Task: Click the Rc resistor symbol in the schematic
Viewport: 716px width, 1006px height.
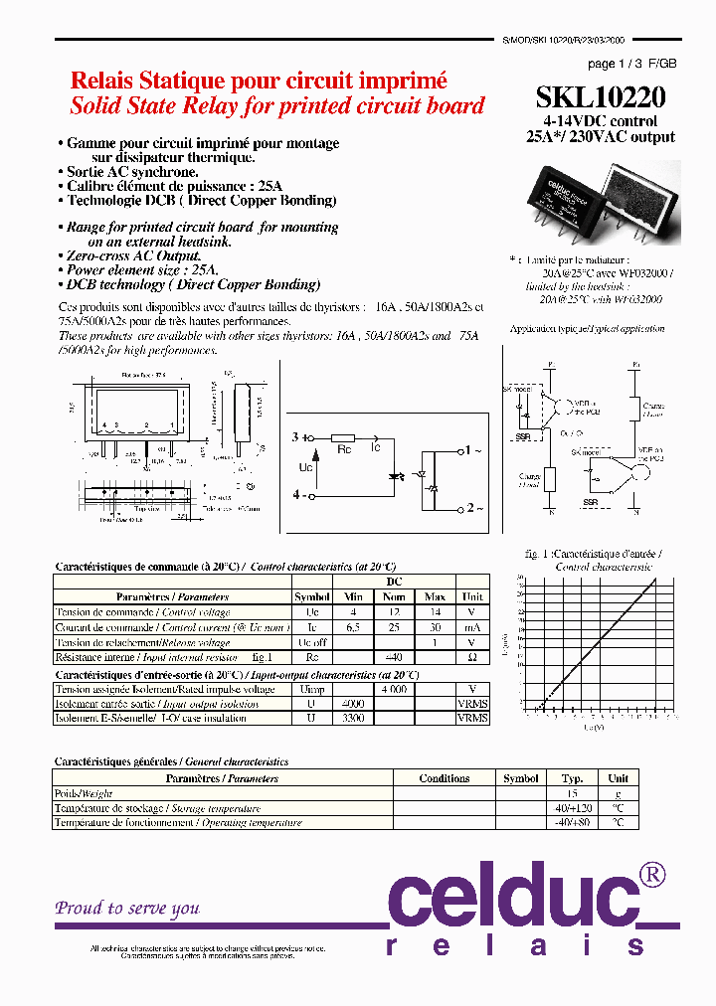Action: [x=343, y=437]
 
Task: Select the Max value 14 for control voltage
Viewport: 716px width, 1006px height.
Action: [x=434, y=612]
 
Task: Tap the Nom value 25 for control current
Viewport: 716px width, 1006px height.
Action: [x=394, y=627]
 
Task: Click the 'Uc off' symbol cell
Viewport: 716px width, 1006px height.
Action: [x=311, y=642]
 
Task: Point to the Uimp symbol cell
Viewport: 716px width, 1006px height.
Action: [x=311, y=689]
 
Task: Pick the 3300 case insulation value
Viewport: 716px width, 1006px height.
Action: [x=353, y=717]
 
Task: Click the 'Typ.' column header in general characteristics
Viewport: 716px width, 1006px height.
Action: [x=572, y=778]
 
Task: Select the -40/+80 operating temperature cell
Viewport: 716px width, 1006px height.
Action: [x=572, y=822]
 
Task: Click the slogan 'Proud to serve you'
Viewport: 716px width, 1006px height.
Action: [x=127, y=908]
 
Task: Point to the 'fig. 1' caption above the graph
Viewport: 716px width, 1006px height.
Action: [x=538, y=553]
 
